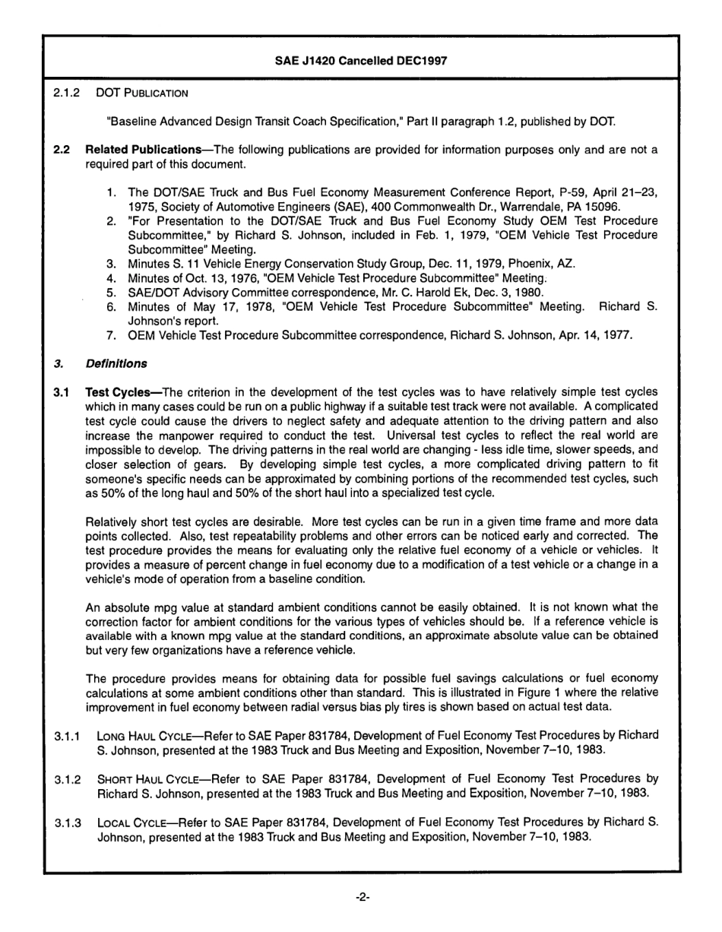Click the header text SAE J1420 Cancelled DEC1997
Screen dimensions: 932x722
coord(360,62)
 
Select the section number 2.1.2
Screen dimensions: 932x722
coord(67,94)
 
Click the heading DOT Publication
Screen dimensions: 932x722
coord(142,94)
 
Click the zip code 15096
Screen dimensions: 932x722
coord(604,207)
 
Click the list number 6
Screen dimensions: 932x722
coord(111,306)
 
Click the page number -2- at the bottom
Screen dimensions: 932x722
coord(362,897)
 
